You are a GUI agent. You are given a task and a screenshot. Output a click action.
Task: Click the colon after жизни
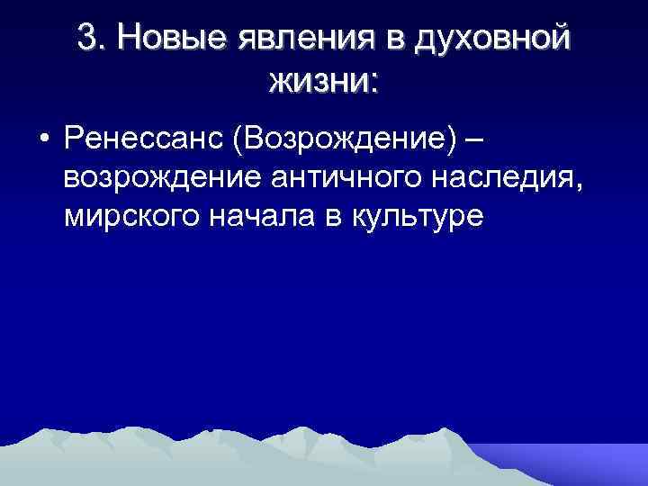373,85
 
